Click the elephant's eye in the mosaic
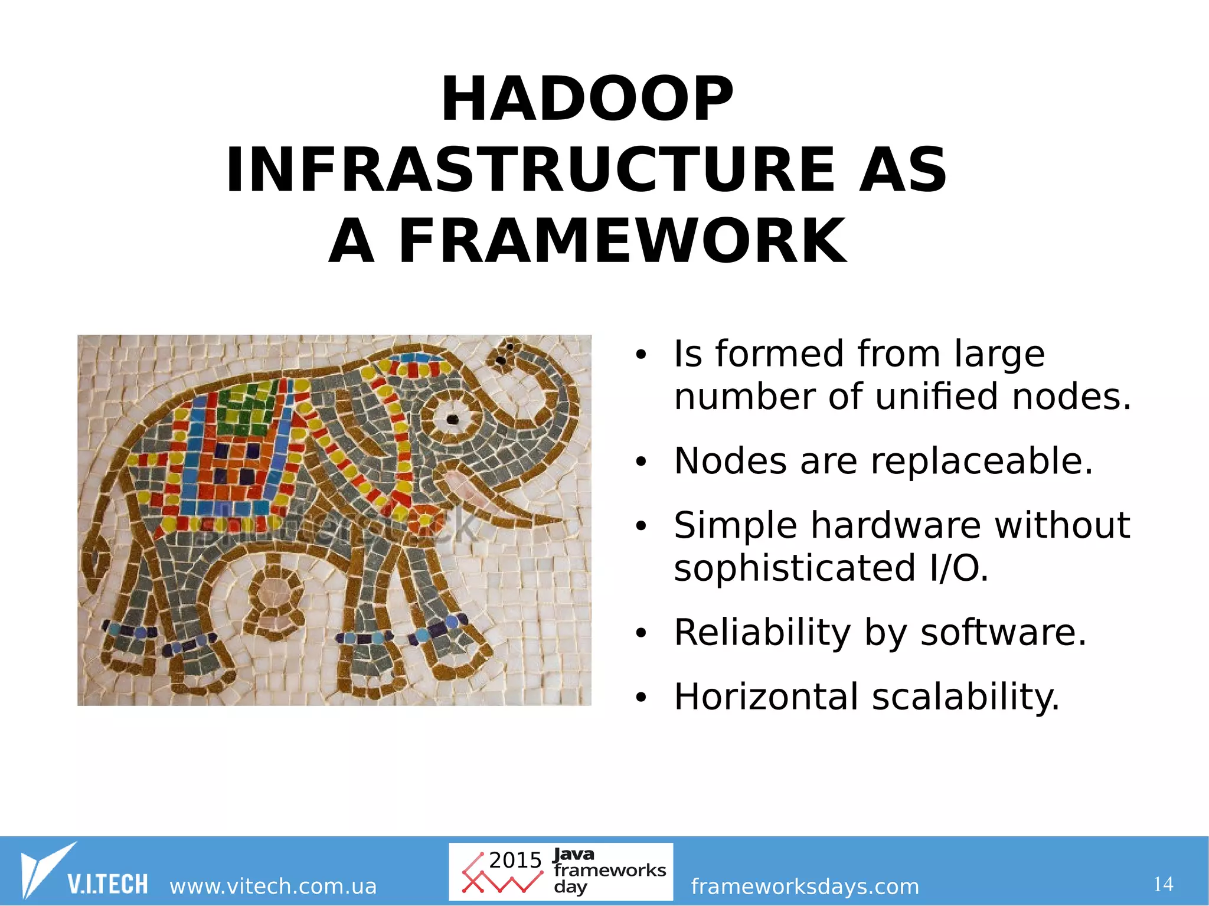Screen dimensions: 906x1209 point(452,419)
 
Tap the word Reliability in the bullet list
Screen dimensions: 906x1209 point(762,633)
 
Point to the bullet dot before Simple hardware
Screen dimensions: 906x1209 point(641,526)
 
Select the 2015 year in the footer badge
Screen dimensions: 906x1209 point(515,861)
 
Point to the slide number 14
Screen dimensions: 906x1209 point(1163,884)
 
